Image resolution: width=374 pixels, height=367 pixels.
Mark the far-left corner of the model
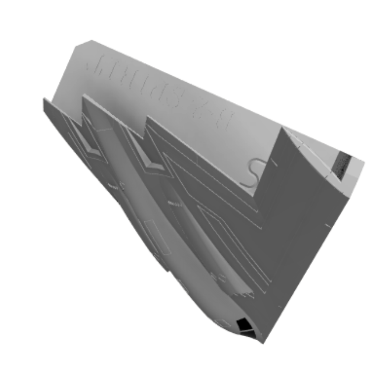[44, 99]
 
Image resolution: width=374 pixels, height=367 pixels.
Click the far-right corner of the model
[364, 162]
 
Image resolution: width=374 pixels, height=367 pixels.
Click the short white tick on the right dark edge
[328, 225]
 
